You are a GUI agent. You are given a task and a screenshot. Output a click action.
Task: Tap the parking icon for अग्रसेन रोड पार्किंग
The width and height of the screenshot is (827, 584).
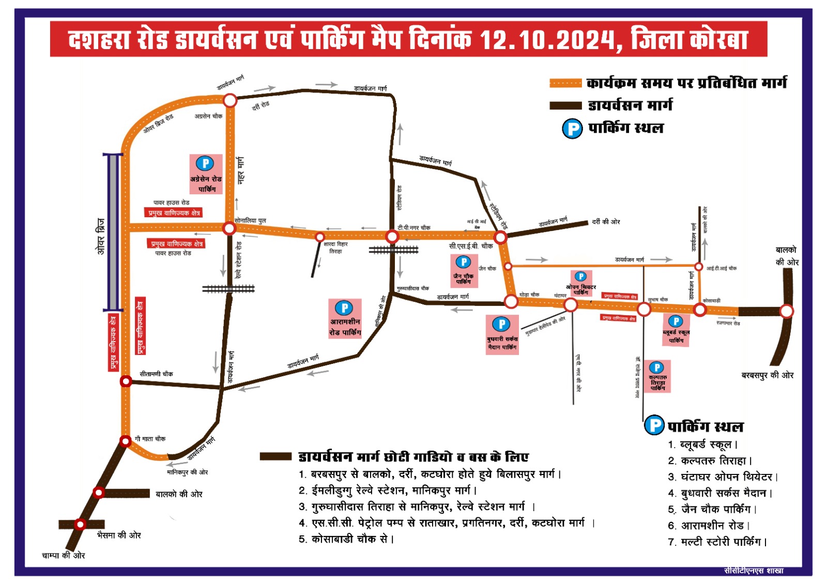(x=205, y=164)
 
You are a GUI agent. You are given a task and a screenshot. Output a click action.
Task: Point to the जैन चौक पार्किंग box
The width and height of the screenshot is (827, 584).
(x=464, y=271)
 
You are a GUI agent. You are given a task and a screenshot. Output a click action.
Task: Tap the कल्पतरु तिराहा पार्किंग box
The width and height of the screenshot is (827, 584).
(x=657, y=377)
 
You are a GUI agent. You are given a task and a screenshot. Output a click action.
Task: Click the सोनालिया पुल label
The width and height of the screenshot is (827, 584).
(x=250, y=221)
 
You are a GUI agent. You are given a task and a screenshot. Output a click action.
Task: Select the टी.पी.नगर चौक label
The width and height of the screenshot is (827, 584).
(x=414, y=227)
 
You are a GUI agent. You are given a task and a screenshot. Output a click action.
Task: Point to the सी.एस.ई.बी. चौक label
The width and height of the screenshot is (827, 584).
(x=470, y=246)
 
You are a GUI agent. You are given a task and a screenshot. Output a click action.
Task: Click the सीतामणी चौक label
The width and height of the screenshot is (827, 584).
(x=156, y=374)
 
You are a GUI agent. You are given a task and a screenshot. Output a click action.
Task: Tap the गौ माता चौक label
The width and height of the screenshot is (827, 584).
(x=150, y=439)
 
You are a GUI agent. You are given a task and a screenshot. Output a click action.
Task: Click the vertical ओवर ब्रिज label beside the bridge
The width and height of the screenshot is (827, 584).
(x=101, y=236)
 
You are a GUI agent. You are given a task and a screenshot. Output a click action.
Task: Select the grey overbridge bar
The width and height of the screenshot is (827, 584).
(x=113, y=233)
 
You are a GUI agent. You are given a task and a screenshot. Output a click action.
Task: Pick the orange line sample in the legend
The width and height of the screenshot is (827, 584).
(x=565, y=83)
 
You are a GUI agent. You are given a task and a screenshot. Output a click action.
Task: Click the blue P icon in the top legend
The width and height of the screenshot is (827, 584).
(x=572, y=128)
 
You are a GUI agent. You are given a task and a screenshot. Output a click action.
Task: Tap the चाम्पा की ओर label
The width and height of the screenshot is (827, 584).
(x=63, y=556)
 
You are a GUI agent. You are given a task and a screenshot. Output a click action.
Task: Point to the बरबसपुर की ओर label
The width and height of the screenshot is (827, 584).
(x=767, y=375)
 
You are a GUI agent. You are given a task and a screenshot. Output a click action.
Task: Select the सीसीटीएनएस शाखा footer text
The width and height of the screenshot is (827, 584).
(x=754, y=571)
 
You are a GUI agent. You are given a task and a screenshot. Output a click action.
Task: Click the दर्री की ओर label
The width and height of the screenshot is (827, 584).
(x=606, y=222)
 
